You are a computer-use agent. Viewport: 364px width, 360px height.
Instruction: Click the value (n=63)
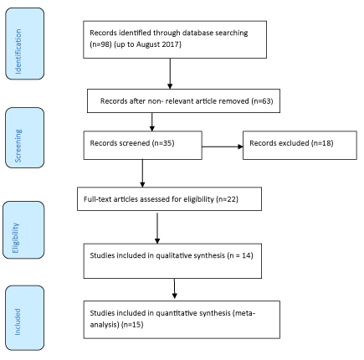(262, 101)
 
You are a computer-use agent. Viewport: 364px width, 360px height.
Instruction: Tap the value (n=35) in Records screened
(163, 143)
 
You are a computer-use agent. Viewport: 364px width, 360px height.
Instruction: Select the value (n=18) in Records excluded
(322, 143)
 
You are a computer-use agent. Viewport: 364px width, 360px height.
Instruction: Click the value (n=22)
(227, 199)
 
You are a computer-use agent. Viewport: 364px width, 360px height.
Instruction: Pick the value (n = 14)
(240, 255)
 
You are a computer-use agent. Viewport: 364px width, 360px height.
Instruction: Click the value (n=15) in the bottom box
(132, 325)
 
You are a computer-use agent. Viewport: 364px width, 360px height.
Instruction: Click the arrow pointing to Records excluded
(223, 147)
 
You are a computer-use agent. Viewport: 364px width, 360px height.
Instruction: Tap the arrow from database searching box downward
(170, 74)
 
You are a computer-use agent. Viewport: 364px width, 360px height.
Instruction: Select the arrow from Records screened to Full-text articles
(142, 173)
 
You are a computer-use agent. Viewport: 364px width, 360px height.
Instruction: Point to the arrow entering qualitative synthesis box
(157, 229)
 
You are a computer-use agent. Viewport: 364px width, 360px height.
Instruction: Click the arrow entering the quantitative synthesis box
(175, 289)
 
